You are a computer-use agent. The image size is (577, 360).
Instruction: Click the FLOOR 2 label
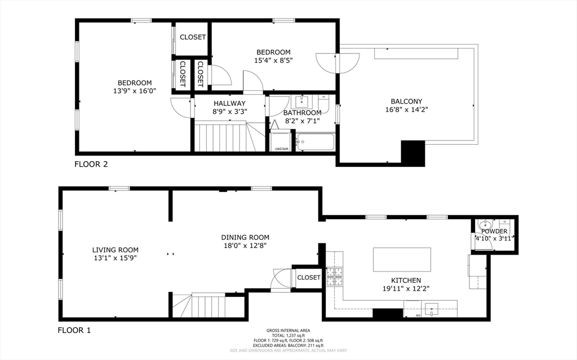[91, 165]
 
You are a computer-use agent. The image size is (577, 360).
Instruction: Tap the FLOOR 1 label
[74, 330]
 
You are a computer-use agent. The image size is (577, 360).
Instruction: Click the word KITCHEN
[406, 280]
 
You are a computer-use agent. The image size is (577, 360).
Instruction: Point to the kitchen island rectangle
[402, 260]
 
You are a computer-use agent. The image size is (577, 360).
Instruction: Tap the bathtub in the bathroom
[315, 142]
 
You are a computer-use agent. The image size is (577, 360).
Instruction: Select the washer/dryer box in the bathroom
[280, 141]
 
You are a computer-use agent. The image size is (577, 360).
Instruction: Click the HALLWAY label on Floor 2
[229, 103]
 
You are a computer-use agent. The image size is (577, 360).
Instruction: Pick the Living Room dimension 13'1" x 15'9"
[115, 257]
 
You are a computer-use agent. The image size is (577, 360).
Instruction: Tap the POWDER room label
[494, 232]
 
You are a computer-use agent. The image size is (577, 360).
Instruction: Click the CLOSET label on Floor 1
[308, 277]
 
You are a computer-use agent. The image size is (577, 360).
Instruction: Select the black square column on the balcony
[413, 152]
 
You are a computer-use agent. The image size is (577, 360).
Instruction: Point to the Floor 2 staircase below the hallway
[224, 138]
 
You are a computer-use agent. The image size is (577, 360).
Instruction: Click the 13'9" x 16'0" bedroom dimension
[134, 90]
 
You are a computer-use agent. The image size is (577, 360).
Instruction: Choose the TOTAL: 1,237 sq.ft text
[288, 336]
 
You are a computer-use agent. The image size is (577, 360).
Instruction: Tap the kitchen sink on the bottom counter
[432, 308]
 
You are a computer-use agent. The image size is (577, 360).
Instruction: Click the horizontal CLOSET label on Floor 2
[193, 37]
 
